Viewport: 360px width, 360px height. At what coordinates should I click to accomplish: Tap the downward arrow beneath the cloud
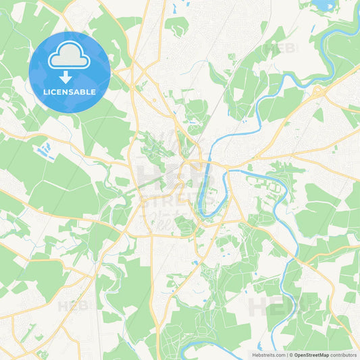click(70, 77)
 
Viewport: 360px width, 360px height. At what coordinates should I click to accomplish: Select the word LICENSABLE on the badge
click(70, 91)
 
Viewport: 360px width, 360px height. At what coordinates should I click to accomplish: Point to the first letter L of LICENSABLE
click(45, 91)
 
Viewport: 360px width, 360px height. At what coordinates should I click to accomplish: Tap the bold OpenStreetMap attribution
click(311, 355)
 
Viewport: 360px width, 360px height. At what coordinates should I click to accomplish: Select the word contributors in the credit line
click(344, 355)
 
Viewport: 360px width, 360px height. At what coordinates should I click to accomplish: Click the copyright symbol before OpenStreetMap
click(292, 355)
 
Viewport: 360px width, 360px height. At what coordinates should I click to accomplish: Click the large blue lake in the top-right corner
click(321, 5)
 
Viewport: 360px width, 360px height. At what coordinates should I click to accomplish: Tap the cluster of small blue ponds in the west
click(46, 147)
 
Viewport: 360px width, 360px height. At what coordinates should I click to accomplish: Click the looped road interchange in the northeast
click(317, 90)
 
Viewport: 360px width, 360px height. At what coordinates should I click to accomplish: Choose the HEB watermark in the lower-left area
click(72, 306)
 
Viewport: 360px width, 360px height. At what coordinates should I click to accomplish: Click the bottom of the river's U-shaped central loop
click(206, 215)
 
